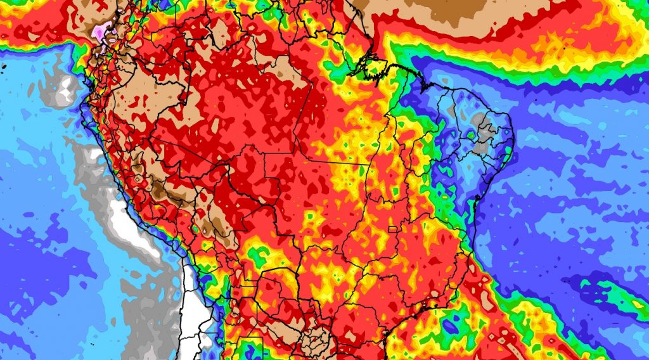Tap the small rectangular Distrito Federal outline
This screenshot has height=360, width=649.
click(x=392, y=229)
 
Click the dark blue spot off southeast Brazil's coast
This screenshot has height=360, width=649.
click(x=451, y=326)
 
